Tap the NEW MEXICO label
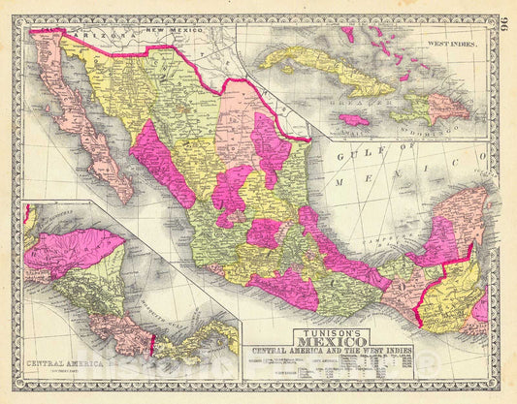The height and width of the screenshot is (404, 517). (175, 30)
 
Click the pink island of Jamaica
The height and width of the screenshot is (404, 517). (355, 120)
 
